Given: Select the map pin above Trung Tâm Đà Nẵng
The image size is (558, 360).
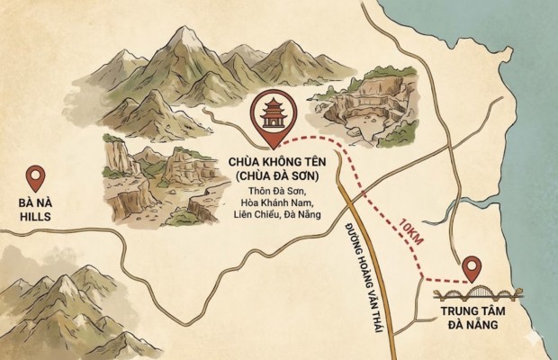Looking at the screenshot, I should pyautogui.click(x=471, y=267).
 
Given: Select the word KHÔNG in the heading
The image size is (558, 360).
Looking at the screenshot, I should pyautogui.click(x=270, y=163).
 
